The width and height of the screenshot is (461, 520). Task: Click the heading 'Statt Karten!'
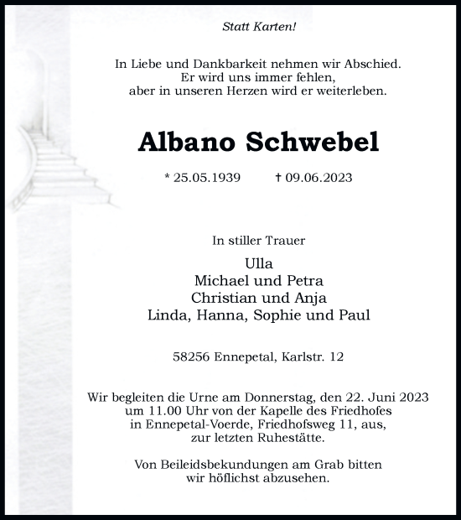pyautogui.click(x=258, y=26)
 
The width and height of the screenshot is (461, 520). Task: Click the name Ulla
pyautogui.click(x=258, y=263)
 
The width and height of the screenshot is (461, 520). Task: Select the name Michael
pyautogui.click(x=220, y=280)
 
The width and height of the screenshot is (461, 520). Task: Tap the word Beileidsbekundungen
pyautogui.click(x=215, y=465)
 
